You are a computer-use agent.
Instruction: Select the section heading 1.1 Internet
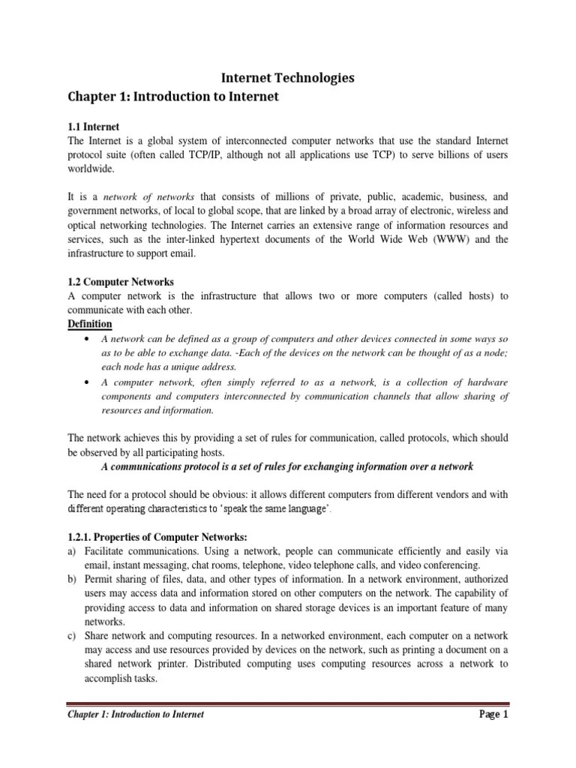(x=94, y=127)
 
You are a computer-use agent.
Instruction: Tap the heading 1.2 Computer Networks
(x=121, y=282)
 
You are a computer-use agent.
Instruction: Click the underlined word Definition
(x=90, y=324)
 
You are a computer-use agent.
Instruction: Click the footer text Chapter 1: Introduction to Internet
(x=136, y=715)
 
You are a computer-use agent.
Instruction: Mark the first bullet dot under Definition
(x=90, y=339)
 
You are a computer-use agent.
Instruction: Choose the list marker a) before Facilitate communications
(x=73, y=551)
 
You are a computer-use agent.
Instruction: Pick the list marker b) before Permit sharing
(x=73, y=580)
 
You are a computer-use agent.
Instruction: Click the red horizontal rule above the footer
(x=288, y=703)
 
